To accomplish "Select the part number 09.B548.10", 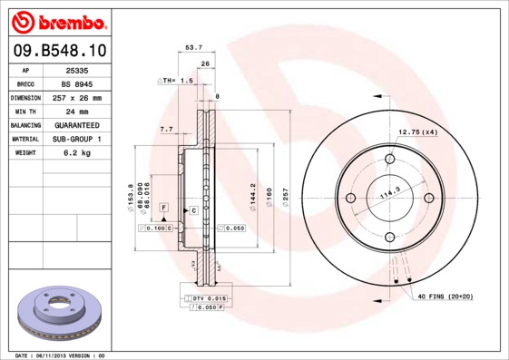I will click(x=56, y=51).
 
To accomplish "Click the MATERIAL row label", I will click(x=24, y=139).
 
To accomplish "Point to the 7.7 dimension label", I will click(x=166, y=130).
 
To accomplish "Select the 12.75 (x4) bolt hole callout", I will click(x=418, y=133).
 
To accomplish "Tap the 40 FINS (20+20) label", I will click(x=445, y=297).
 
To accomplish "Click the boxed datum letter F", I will click(x=164, y=208).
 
